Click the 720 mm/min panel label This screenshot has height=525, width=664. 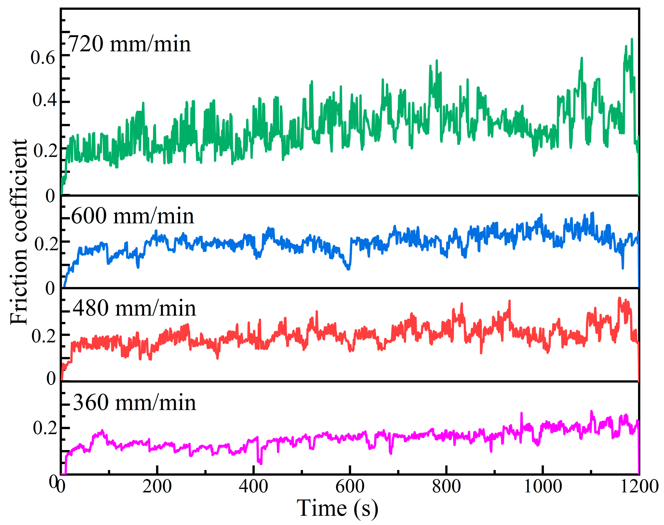tap(129, 44)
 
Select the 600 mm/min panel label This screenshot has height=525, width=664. tap(132, 216)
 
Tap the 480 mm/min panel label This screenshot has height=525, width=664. tap(134, 308)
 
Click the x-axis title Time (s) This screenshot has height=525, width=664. tap(337, 508)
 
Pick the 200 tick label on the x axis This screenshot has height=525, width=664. tap(157, 487)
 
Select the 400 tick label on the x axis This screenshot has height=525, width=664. tap(253, 487)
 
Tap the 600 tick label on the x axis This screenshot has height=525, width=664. tap(350, 487)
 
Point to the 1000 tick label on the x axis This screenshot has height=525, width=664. tap(543, 487)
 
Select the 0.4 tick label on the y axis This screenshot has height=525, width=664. tap(44, 100)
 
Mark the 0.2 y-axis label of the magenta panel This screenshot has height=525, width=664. tap(45, 428)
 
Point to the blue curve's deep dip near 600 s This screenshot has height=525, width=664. tap(348, 269)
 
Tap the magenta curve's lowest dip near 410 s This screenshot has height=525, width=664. tap(261, 464)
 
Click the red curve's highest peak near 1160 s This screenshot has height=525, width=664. tap(620, 298)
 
